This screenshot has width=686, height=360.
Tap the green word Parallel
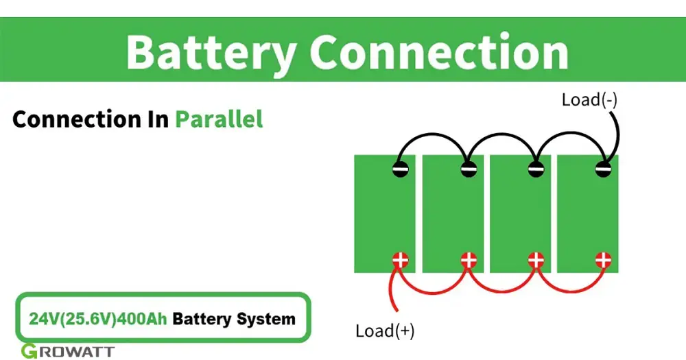(x=219, y=119)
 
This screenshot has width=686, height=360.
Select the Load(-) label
(x=589, y=99)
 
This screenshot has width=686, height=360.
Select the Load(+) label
(x=385, y=331)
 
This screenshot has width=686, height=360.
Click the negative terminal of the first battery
(x=401, y=169)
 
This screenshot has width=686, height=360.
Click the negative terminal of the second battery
(x=468, y=169)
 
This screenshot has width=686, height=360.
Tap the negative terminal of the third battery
(x=536, y=169)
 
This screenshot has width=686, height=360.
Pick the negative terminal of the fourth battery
(x=603, y=169)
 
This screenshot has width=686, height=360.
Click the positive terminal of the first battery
(x=401, y=260)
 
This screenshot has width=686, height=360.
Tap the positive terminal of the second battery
(x=468, y=260)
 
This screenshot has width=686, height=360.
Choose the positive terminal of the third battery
(x=536, y=260)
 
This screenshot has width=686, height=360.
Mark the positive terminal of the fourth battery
(x=603, y=260)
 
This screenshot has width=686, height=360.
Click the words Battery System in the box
(x=234, y=319)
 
